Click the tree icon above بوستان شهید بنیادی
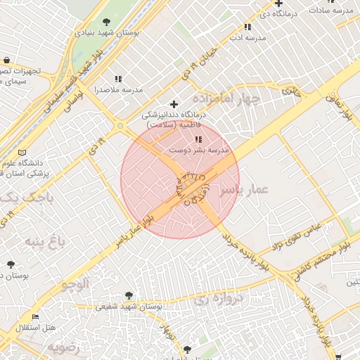tap(106, 22)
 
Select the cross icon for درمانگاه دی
tap(279, 4)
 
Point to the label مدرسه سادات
tap(330, 11)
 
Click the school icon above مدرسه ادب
tap(247, 27)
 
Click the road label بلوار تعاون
tap(339, 106)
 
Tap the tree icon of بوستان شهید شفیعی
tap(128, 296)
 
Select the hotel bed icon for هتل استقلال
tap(36, 317)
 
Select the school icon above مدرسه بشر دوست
tap(198, 139)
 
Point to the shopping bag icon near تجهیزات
tap(6, 60)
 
